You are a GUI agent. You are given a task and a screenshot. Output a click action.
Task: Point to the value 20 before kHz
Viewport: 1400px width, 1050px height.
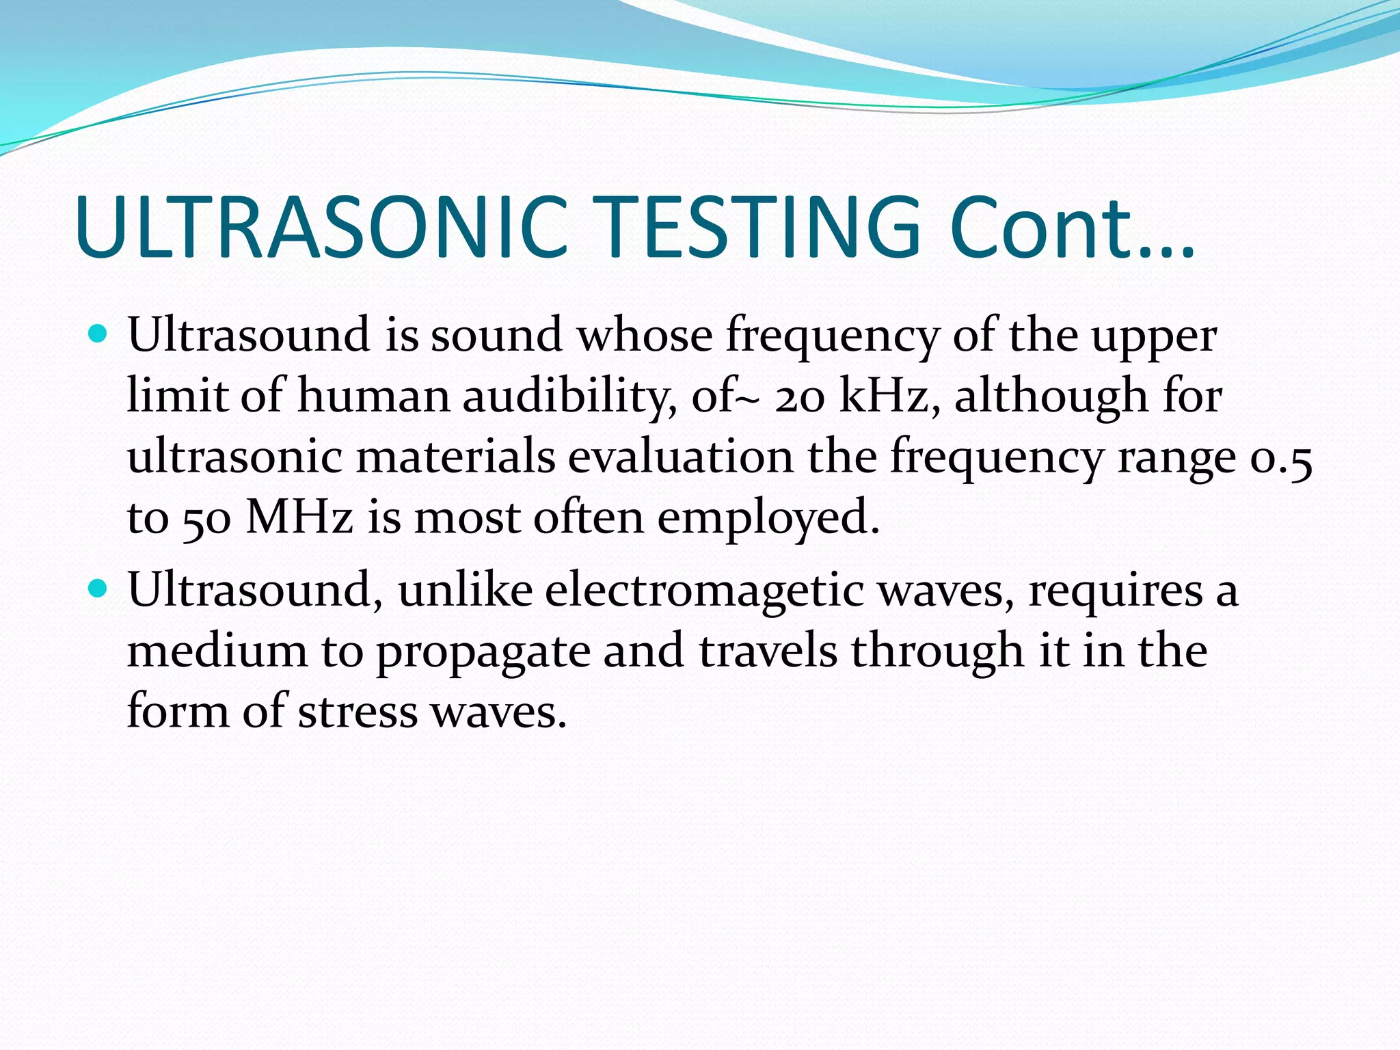[x=799, y=396]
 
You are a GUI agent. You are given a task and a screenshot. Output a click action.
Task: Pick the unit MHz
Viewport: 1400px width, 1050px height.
[x=299, y=517]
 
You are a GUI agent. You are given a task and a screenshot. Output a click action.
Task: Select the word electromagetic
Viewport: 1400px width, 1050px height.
[x=704, y=590]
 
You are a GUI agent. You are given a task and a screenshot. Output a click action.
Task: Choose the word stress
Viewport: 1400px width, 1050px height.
[x=358, y=712]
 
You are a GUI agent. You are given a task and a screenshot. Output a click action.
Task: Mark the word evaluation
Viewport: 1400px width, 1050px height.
[x=681, y=457]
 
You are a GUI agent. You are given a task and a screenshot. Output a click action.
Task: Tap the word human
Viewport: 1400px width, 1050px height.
[x=373, y=396]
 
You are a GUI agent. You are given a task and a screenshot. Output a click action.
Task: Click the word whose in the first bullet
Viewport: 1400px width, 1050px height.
[x=645, y=336]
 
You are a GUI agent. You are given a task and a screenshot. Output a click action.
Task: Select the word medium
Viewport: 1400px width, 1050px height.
[x=217, y=650]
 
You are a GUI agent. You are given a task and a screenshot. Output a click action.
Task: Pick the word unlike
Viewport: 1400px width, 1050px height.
[x=465, y=590]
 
